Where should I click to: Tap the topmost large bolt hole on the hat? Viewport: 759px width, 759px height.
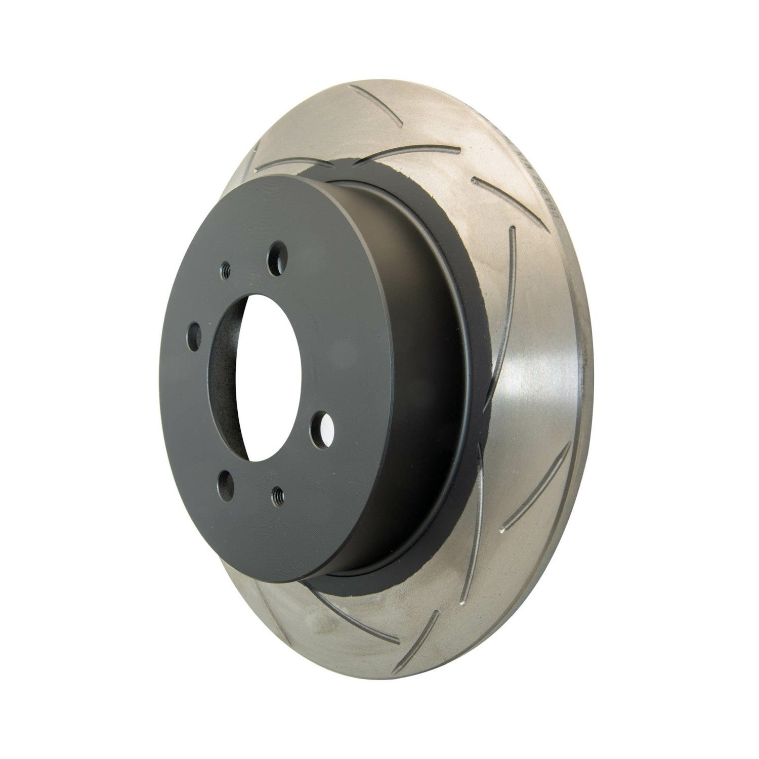[277, 257]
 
